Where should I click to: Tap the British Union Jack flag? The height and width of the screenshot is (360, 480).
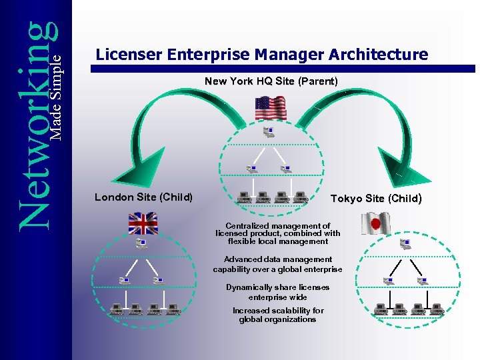click(x=142, y=223)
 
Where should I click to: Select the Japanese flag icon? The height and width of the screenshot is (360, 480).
click(x=375, y=223)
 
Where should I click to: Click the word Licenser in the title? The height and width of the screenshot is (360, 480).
click(x=129, y=55)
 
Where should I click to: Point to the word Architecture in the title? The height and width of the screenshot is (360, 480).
click(x=381, y=55)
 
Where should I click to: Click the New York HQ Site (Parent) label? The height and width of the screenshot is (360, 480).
click(x=271, y=81)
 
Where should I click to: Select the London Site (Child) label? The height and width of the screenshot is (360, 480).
click(x=143, y=197)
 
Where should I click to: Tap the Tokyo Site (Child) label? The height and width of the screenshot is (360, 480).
click(x=376, y=198)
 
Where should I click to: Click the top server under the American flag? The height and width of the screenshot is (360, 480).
click(x=269, y=131)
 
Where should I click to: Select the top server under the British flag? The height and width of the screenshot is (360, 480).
click(x=141, y=243)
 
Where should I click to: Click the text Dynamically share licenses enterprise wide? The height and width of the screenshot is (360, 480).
click(x=277, y=292)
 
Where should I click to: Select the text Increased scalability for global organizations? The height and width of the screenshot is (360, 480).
click(x=278, y=315)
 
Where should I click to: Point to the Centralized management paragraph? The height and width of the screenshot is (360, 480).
click(x=277, y=233)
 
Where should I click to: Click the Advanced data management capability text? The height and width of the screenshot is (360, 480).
click(x=277, y=264)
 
